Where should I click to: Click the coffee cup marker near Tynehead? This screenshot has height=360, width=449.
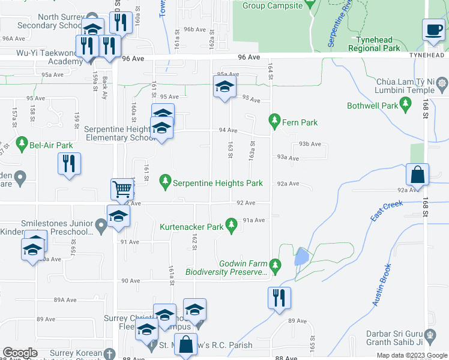(x=433, y=29)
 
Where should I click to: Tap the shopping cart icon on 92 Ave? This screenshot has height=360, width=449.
(x=122, y=190)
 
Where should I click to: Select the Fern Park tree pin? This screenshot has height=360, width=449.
(x=275, y=122)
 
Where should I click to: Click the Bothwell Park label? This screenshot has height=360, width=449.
(x=372, y=106)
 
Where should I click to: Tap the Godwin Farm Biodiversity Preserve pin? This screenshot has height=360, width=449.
(x=275, y=264)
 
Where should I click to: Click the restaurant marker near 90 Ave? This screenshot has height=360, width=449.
(x=278, y=298)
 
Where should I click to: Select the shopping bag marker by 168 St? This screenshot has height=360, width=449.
(x=417, y=175)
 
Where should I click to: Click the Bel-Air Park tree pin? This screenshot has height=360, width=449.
(x=23, y=144)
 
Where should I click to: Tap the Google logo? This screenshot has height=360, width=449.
(x=20, y=353)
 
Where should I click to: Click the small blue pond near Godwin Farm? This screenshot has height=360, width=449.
(x=300, y=257)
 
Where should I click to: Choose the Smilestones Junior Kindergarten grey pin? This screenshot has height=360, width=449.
(x=101, y=225)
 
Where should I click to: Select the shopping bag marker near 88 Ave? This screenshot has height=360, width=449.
(x=186, y=345)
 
